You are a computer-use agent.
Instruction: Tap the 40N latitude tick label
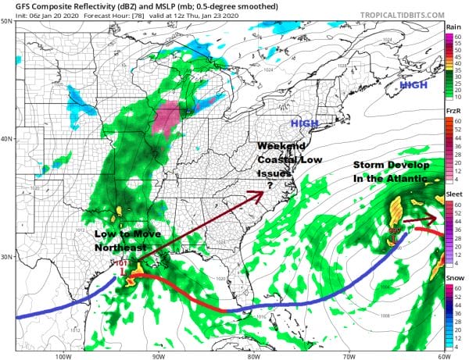point(6,139)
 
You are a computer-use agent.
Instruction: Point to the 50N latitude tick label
point(6,21)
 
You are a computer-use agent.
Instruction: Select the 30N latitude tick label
point(6,257)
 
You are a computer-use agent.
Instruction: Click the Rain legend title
point(453,27)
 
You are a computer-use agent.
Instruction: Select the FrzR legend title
point(453,112)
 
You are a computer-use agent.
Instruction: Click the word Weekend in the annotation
point(281,146)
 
